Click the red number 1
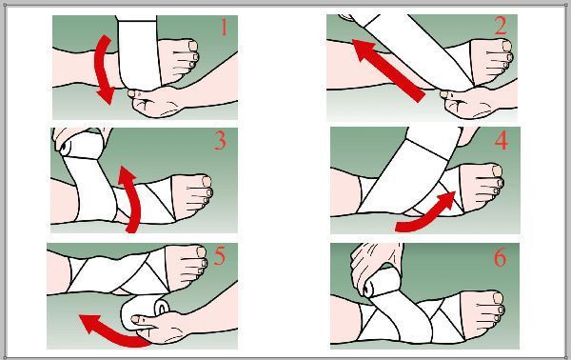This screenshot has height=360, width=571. tap(224, 27)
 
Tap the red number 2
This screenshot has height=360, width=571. tap(501, 27)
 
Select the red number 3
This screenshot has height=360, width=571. tap(221, 141)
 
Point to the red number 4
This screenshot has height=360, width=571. tap(502, 140)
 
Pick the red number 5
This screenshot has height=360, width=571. tap(220, 256)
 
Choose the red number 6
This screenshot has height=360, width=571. tap(500, 257)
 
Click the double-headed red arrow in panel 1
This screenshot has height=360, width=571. tap(102, 70)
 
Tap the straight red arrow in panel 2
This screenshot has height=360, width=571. tap(389, 70)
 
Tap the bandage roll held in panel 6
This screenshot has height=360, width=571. tap(376, 282)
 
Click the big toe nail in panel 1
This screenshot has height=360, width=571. tap(193, 46)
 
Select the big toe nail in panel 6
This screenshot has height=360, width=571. tap(498, 298)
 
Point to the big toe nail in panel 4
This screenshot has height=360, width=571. tap(497, 170)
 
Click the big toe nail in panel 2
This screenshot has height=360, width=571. tap(507, 46)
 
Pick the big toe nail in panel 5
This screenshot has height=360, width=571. tap(202, 251)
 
